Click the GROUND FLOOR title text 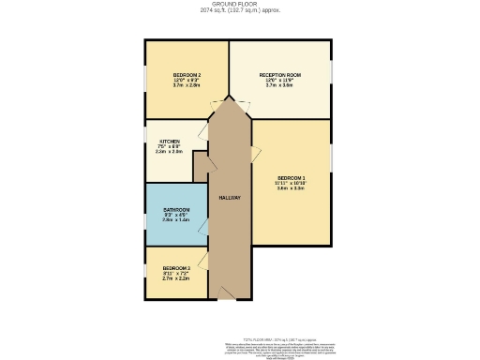(240, 5)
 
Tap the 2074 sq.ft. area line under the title (240, 11)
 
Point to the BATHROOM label (176, 209)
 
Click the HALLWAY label (230, 198)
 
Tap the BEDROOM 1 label (291, 177)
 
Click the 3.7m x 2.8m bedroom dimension (187, 84)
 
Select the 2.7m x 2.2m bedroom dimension (176, 278)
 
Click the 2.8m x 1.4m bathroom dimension (176, 220)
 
